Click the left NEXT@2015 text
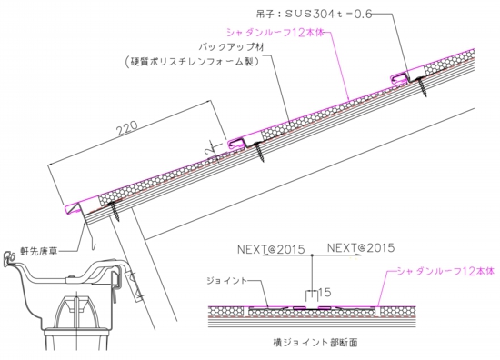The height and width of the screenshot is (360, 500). coord(271,246)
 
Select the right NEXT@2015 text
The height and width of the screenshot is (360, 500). coord(360,246)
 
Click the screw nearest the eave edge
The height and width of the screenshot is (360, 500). coord(116,213)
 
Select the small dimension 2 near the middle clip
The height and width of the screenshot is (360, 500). coord(208,144)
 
